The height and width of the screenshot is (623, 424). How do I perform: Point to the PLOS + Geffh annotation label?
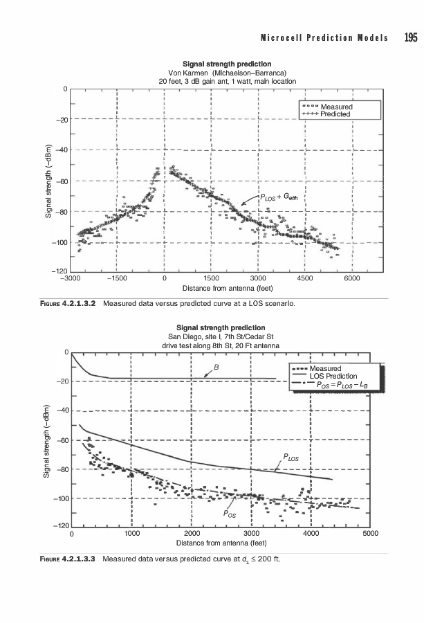coord(283,197)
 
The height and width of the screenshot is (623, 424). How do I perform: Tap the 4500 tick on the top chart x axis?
coord(304,278)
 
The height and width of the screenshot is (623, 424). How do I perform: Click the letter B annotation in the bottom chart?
coord(216,366)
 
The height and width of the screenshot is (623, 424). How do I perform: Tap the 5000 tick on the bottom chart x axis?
coord(369,534)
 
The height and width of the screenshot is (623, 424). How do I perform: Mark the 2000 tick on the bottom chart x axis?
coord(192,534)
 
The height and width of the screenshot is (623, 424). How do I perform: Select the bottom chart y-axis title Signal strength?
coord(48,440)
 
